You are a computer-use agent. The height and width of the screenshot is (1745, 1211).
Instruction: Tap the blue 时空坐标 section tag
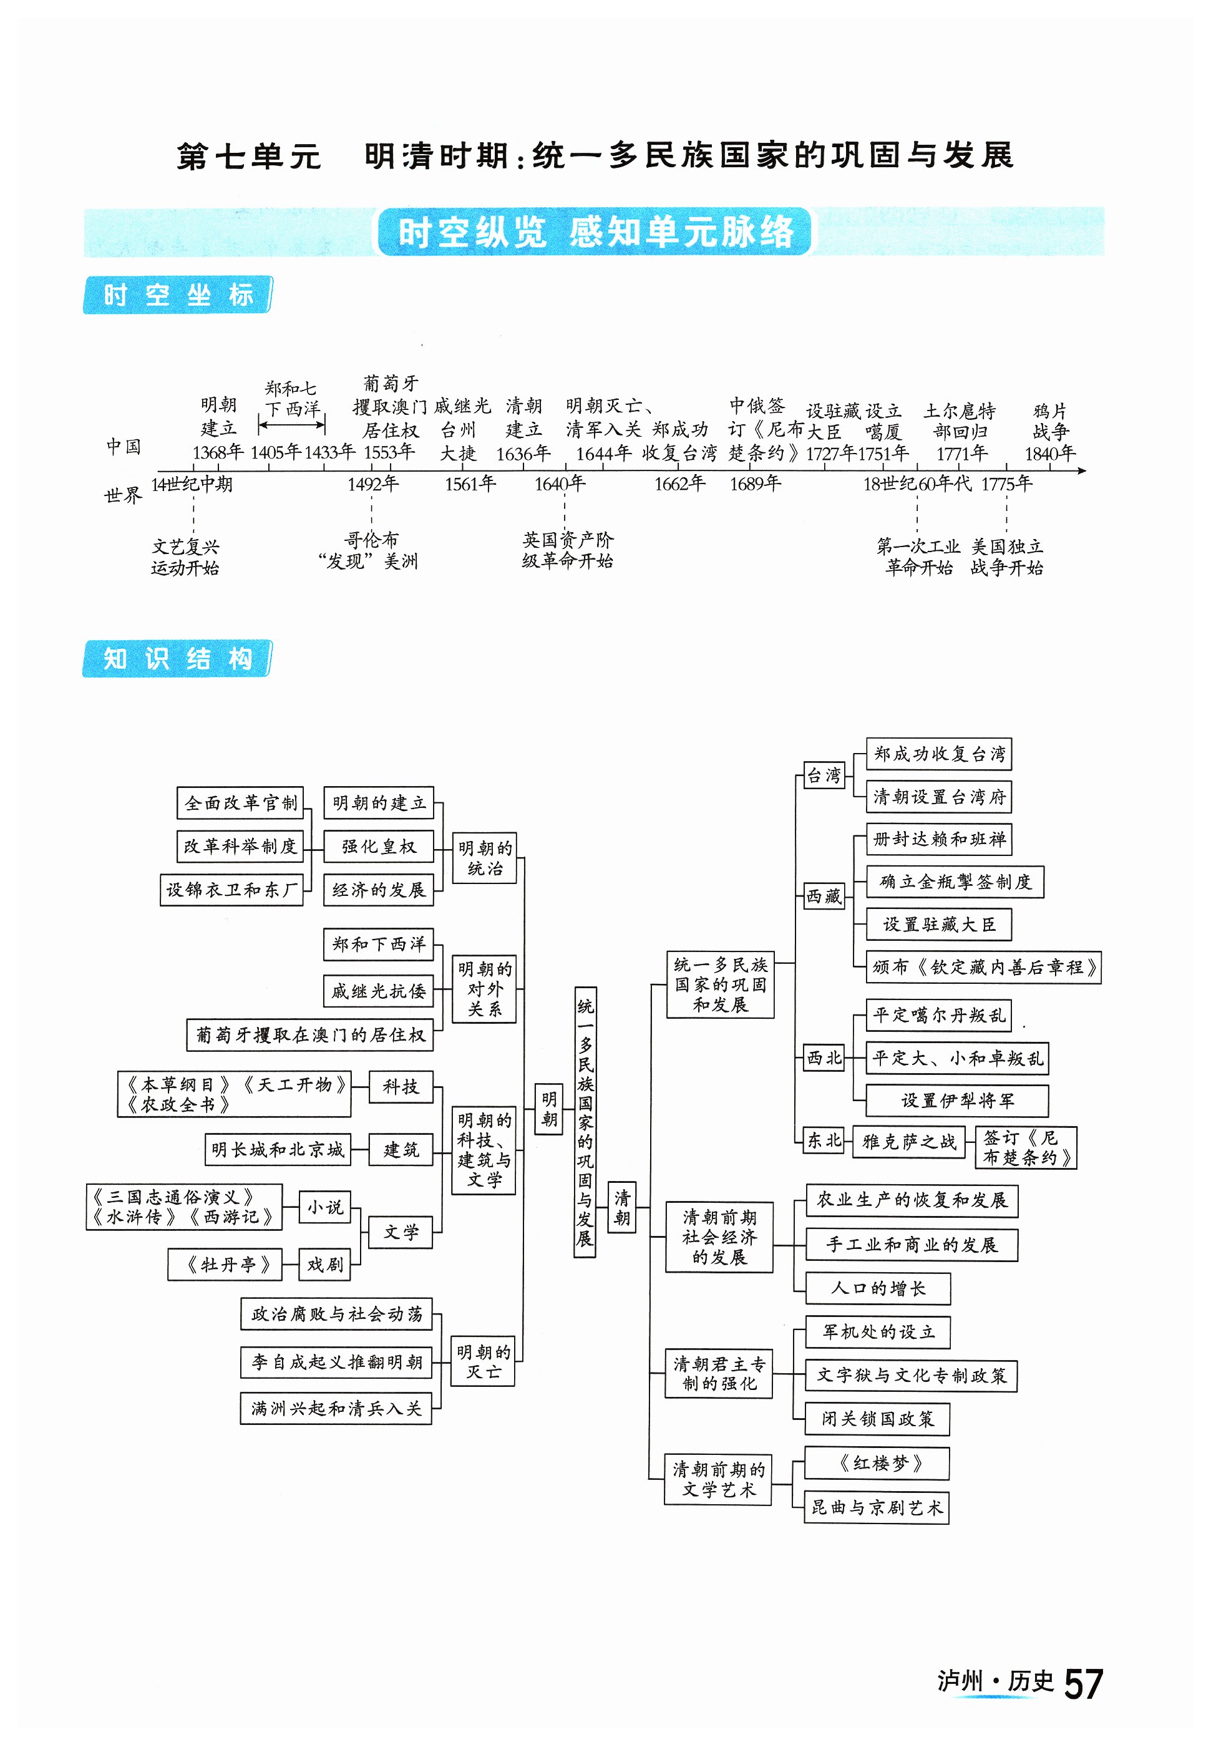click(x=177, y=295)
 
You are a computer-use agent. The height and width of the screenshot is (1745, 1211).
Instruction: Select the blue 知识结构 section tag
click(x=177, y=659)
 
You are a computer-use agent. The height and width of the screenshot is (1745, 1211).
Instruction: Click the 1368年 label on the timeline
click(x=217, y=453)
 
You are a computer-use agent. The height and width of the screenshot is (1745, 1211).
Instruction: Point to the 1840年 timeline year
click(x=1049, y=454)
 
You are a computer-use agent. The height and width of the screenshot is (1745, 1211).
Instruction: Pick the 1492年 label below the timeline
click(x=372, y=484)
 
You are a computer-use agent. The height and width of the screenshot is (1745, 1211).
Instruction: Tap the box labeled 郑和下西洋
click(x=378, y=945)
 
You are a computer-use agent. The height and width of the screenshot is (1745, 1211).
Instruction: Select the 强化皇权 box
click(x=378, y=847)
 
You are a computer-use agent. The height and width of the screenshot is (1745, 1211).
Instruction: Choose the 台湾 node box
click(x=824, y=775)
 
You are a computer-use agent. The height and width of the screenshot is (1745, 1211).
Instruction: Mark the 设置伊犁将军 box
click(x=957, y=1101)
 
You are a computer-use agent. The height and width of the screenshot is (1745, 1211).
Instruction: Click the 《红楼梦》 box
click(x=877, y=1464)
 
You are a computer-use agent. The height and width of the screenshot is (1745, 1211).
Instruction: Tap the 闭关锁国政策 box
click(x=877, y=1419)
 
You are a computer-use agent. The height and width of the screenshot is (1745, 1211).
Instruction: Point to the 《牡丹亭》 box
click(x=225, y=1265)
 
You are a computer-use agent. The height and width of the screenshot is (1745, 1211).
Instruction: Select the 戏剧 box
click(x=325, y=1265)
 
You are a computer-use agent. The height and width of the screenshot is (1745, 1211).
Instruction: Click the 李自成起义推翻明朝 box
click(x=336, y=1363)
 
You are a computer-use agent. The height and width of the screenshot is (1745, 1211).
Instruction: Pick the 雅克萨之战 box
click(x=909, y=1142)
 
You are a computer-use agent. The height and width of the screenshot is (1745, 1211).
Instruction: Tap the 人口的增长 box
click(x=877, y=1288)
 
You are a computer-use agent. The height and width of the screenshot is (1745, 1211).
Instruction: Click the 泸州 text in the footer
click(x=960, y=1681)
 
